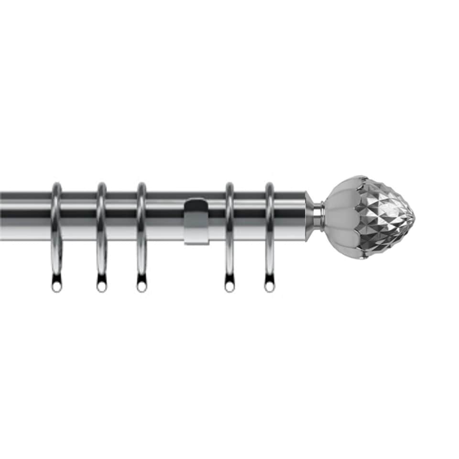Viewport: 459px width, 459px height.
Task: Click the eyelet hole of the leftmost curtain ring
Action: (56, 287)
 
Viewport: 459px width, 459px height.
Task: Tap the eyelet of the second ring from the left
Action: (101, 287)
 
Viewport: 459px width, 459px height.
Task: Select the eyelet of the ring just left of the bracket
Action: (142, 287)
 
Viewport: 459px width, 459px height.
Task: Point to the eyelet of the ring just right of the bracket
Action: (229, 287)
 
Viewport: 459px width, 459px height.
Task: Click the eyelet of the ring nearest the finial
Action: (270, 287)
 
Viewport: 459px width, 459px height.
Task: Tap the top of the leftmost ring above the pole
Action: (56, 185)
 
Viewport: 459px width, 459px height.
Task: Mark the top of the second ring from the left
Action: (101, 185)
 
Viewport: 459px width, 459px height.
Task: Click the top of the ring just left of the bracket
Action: (142, 185)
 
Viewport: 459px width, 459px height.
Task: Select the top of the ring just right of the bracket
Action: (229, 185)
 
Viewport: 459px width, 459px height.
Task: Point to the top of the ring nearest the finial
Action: (270, 185)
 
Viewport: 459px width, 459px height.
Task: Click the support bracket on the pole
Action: (196, 221)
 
